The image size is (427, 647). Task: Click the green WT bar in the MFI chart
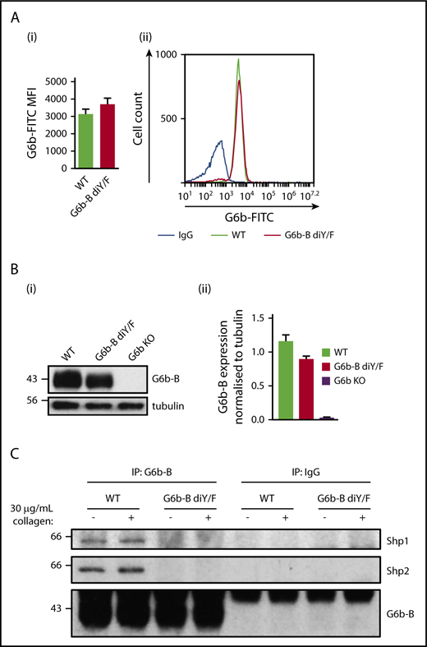85,141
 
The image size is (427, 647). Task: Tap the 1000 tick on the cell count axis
167,55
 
